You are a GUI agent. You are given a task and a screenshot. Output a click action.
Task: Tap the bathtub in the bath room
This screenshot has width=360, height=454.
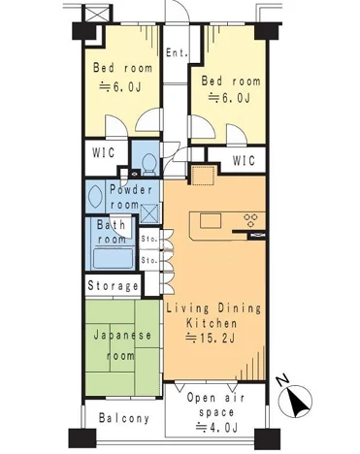point(114,259)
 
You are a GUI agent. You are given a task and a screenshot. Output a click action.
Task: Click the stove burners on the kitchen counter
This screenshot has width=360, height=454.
point(250,220)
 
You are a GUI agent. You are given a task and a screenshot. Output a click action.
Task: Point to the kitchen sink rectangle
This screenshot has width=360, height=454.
point(211,221)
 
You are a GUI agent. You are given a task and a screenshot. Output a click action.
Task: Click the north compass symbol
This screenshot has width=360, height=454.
point(295,399)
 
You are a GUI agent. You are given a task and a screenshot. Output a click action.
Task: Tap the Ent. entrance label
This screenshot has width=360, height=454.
point(177,53)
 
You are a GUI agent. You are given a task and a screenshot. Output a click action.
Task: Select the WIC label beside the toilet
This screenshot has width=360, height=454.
point(103,152)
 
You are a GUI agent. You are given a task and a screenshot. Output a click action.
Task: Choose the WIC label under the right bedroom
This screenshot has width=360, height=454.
point(244,160)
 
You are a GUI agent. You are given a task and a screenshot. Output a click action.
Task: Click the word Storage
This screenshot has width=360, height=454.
point(114,285)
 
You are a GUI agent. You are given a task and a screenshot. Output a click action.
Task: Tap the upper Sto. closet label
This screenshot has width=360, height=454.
point(149,240)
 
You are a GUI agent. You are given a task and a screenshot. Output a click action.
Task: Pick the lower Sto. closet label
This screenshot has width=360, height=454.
point(149,260)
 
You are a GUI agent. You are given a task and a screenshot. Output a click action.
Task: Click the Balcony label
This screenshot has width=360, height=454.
point(124,418)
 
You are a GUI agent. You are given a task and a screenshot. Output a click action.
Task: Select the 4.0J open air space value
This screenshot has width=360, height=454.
point(217,428)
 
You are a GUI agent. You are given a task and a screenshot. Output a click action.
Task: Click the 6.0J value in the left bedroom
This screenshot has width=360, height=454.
point(119,86)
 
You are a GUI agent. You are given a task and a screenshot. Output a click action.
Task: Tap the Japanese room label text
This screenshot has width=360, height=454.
point(122,345)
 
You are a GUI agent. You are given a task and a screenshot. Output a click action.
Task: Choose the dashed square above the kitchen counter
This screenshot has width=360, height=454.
point(204,176)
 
